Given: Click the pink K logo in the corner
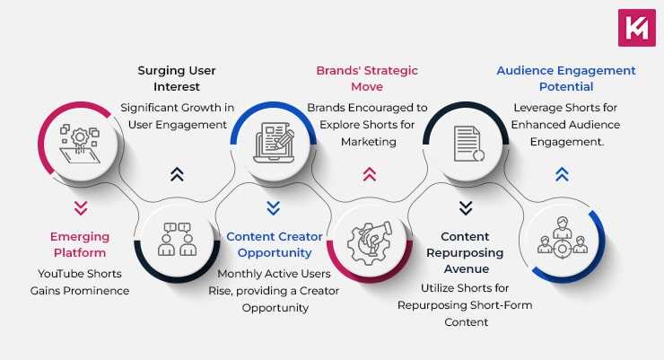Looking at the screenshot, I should click(x=637, y=27).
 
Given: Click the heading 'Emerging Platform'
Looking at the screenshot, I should click(x=80, y=245).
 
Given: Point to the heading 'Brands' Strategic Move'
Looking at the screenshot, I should click(x=366, y=78).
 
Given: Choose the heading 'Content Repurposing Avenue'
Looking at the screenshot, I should click(x=465, y=253).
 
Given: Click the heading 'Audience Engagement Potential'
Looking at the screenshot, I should click(x=565, y=78).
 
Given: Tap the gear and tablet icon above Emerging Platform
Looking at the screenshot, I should click(x=80, y=144).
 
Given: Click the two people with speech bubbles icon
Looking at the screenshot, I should click(x=176, y=239).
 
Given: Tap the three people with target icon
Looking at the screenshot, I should click(x=562, y=239).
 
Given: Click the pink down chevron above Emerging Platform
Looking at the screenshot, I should click(x=81, y=208).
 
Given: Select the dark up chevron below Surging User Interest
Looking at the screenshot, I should click(x=177, y=174).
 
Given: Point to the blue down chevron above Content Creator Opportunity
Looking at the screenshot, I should click(x=274, y=208).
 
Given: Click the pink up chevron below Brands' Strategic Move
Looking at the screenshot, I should click(x=369, y=174).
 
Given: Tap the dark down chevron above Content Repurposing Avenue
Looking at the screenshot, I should click(x=465, y=208).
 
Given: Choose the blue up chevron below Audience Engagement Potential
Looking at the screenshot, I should click(x=562, y=174).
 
